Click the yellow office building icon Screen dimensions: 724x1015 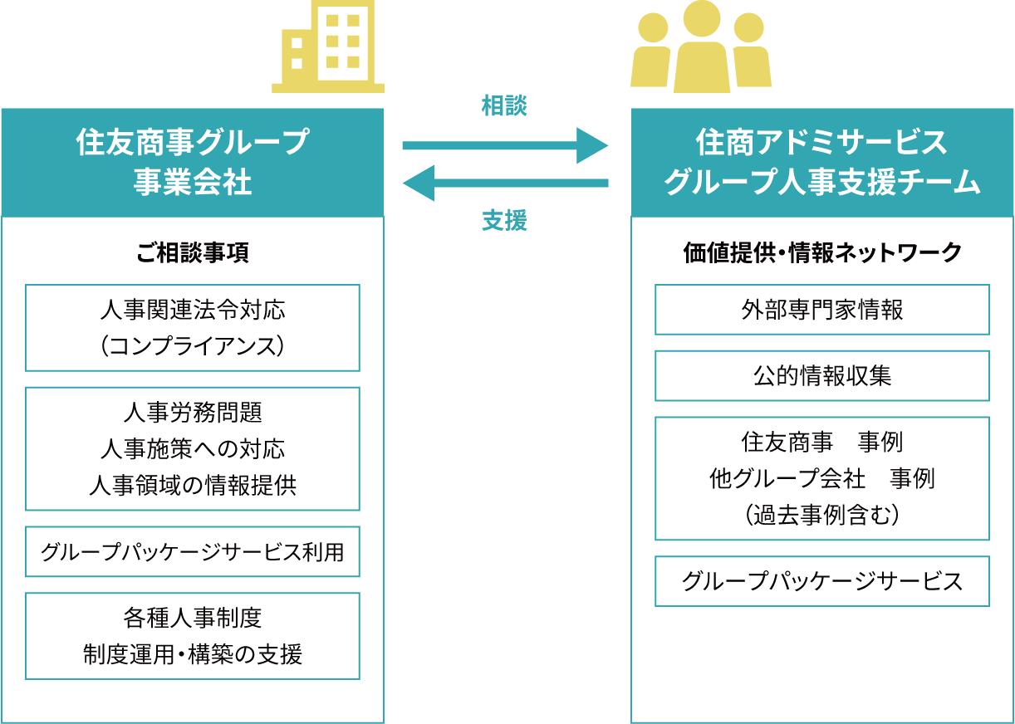pos(328,46)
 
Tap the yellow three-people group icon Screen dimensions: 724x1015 pos(701,48)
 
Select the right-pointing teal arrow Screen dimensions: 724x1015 pos(505,146)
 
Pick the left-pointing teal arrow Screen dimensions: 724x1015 pos(505,183)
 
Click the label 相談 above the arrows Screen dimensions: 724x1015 pos(504,106)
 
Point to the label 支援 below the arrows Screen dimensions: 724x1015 pos(504,221)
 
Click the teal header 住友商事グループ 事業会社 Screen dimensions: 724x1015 pos(192,162)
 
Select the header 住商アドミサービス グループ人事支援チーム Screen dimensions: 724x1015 pos(821,162)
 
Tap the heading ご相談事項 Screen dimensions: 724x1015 pos(192,253)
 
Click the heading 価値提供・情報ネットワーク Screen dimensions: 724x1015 pos(821,253)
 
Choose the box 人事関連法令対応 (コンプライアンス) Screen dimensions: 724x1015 pos(192,328)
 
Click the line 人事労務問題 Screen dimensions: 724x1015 pos(192,412)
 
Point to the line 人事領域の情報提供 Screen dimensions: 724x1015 pos(192,486)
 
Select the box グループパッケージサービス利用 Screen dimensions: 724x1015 pos(192,551)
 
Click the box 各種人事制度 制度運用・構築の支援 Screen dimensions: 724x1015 pos(192,636)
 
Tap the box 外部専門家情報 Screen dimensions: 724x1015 pos(821,310)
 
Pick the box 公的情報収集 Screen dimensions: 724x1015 pos(821,376)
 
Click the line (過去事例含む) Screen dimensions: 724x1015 pos(821,516)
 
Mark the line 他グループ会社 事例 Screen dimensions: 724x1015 pos(821,479)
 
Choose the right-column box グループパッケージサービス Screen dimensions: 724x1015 pos(821,581)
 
